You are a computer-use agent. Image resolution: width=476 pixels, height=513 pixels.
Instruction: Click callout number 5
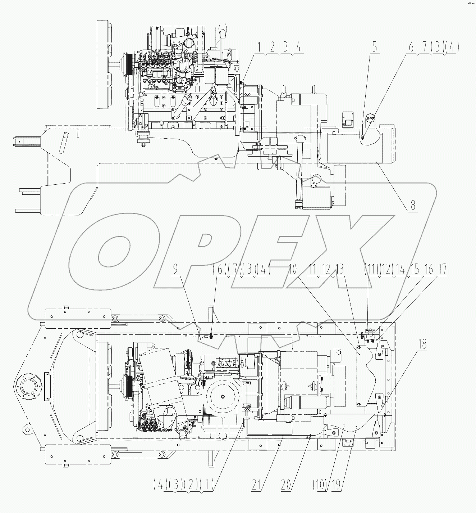click(x=375, y=47)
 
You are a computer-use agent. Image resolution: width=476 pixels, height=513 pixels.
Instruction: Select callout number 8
click(x=412, y=205)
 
